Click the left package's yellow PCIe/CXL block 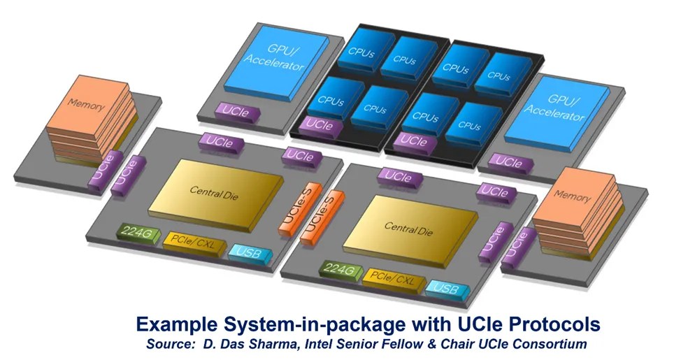tap(190, 242)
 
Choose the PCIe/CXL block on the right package tap(393, 280)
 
